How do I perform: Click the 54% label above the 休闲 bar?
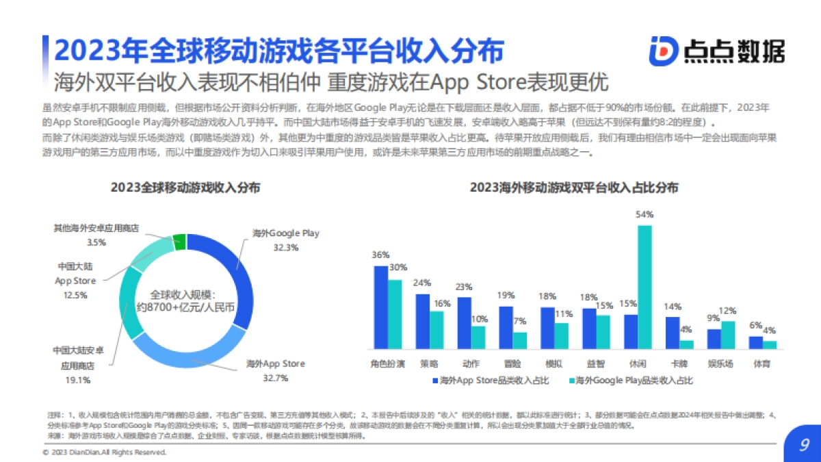(x=644, y=214)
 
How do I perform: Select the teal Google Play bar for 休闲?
(x=644, y=287)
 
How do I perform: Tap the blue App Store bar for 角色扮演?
(x=380, y=307)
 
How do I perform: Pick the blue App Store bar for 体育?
(x=755, y=343)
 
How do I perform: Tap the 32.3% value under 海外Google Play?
(x=285, y=247)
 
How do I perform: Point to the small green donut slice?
(x=179, y=240)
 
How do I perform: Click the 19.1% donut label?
(x=77, y=379)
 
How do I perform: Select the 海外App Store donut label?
(x=276, y=363)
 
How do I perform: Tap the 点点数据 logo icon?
(x=662, y=51)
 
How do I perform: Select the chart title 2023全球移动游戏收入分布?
(x=185, y=188)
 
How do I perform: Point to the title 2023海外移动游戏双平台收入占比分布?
(x=575, y=188)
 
